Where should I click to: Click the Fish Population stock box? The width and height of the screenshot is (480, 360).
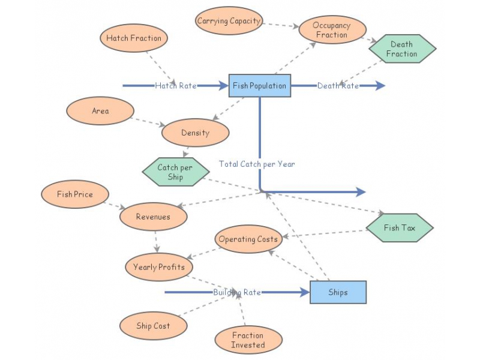coord(260,86)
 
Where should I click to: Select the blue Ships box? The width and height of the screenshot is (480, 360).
coord(338,292)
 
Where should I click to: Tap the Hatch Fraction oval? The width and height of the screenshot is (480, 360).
coord(134,38)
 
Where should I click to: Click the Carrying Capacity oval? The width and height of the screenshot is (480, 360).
coord(229,21)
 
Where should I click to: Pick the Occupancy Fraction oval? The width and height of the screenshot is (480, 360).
coord(332,31)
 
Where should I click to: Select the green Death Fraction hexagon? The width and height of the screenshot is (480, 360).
coord(401,49)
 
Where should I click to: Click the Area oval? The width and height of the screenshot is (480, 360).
coord(100,111)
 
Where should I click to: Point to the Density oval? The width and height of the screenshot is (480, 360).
coord(195,133)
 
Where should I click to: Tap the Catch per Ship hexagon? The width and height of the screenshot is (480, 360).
coord(171,172)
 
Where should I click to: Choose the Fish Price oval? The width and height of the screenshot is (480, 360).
coord(76,194)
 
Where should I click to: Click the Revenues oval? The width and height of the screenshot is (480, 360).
coord(153,217)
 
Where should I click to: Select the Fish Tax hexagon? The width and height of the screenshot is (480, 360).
coord(400,228)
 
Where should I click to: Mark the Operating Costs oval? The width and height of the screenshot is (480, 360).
coord(248,239)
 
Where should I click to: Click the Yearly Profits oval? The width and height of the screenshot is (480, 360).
coord(159,268)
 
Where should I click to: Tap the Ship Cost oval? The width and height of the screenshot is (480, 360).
coord(153,326)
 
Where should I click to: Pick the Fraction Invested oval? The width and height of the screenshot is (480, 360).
coord(248,340)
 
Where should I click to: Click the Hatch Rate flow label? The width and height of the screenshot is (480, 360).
coord(176,86)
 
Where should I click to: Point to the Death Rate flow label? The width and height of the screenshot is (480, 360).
coord(338,86)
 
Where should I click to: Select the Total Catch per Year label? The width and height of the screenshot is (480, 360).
coord(257,164)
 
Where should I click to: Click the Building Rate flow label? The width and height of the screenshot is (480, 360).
coord(236,292)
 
